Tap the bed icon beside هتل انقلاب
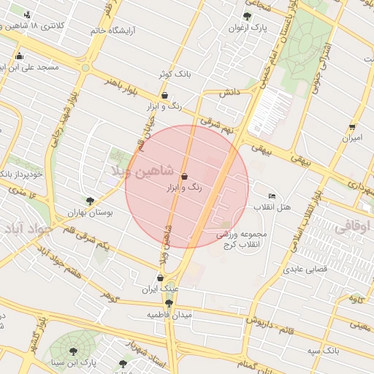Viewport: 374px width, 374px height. pos(272,196)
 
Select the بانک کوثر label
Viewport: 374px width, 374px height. pos(174,75)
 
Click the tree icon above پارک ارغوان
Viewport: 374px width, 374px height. pos(247,16)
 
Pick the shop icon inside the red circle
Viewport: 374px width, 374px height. pos(183,177)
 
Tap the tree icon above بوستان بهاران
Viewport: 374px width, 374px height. pos(90,200)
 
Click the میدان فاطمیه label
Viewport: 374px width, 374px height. pos(169,315)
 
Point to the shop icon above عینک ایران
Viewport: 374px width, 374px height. pos(161,278)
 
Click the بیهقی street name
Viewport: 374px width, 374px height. pos(261,148)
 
